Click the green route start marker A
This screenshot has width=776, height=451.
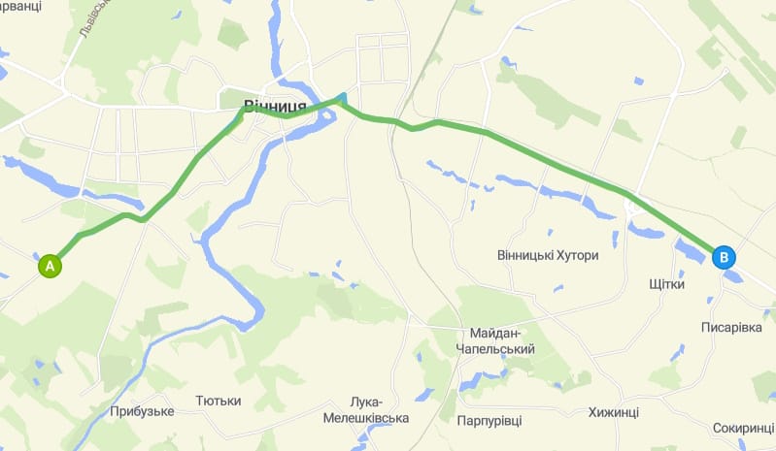coord(50,264)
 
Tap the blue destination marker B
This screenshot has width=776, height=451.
coord(724,258)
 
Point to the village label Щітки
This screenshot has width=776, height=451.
coord(666,285)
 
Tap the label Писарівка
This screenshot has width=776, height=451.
coord(731,328)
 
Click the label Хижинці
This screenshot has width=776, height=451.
coord(613,412)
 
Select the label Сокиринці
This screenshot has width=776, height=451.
coord(743,427)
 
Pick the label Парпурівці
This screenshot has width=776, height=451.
coord(489,421)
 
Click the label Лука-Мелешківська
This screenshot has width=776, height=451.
coord(366,410)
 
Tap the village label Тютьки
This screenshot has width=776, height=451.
coord(218,400)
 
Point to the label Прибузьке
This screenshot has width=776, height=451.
coord(142,411)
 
